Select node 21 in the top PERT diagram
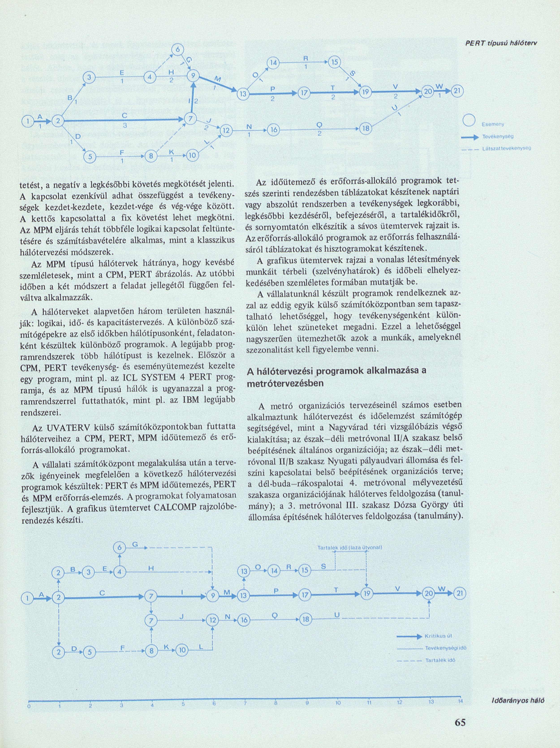(459, 92)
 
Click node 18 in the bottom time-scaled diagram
(306, 619)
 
